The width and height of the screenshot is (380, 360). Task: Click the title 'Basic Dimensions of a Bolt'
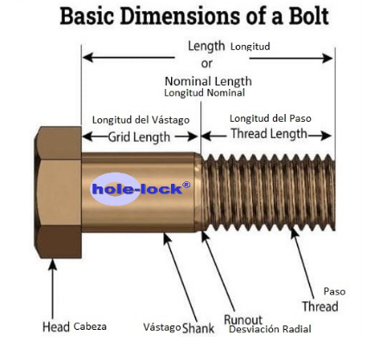(x=194, y=16)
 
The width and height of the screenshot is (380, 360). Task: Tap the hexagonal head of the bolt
(x=58, y=193)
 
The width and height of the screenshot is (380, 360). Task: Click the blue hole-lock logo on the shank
(x=140, y=189)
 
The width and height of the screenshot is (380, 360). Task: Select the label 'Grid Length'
(x=139, y=136)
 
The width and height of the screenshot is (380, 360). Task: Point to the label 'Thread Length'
(x=269, y=134)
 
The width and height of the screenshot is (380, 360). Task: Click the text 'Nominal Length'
(x=208, y=81)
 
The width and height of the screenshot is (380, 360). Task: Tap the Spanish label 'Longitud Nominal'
(x=205, y=93)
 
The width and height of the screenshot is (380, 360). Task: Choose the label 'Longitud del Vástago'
(x=141, y=120)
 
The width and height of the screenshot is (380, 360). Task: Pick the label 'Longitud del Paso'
(x=270, y=118)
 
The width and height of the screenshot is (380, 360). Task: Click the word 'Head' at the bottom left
(x=56, y=327)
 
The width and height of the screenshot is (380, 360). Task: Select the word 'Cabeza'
(x=90, y=326)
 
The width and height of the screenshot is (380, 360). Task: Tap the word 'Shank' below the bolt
(x=199, y=328)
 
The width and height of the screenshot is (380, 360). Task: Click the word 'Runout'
(x=244, y=319)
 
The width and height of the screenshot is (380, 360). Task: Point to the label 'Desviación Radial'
(x=270, y=329)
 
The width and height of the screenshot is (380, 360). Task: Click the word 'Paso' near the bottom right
(x=334, y=292)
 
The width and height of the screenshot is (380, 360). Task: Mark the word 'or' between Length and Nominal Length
(x=206, y=64)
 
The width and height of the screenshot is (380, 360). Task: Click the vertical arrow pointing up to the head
(x=53, y=288)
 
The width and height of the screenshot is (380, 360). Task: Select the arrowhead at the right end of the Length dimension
(x=327, y=59)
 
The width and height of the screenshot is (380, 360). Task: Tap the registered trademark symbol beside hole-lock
(x=187, y=185)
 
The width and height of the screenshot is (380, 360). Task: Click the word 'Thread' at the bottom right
(x=320, y=306)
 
